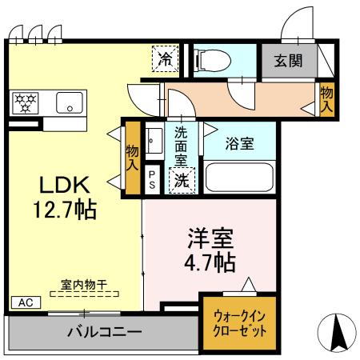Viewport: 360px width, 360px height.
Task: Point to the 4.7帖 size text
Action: pyautogui.click(x=210, y=262)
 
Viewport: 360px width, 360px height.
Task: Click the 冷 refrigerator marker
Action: pyautogui.click(x=166, y=58)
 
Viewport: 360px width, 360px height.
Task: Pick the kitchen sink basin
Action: pyautogui.click(x=69, y=103)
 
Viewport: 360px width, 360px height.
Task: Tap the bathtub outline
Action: pyautogui.click(x=239, y=176)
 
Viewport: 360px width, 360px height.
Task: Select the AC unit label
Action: pyautogui.click(x=24, y=303)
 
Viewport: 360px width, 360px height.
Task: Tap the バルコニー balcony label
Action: pyautogui.click(x=104, y=330)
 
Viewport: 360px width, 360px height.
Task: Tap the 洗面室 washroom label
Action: pyautogui.click(x=182, y=144)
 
